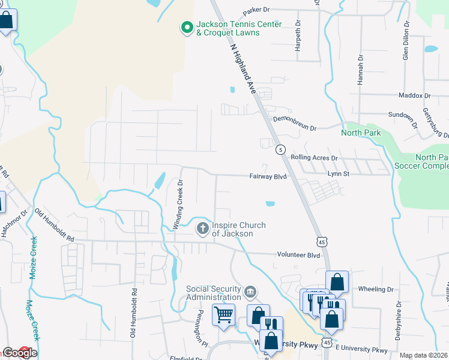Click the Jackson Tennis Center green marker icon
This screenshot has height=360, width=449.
tap(187, 27)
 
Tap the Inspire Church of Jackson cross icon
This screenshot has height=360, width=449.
tap(202, 229)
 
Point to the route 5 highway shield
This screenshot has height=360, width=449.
tap(280, 149)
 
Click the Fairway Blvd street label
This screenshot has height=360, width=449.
tap(268, 176)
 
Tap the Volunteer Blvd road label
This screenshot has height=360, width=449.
tap(298, 254)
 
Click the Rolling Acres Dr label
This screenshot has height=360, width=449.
tap(315, 158)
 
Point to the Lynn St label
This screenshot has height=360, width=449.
tap(338, 173)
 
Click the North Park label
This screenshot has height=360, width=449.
tap(361, 133)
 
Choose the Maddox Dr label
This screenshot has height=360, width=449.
tap(415, 95)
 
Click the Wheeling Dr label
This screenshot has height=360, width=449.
tap(375, 289)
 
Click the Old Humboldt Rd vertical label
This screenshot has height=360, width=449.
tap(134, 312)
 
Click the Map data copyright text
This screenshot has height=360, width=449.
tap(424, 355)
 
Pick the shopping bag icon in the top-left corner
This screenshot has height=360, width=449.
tap(7, 21)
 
